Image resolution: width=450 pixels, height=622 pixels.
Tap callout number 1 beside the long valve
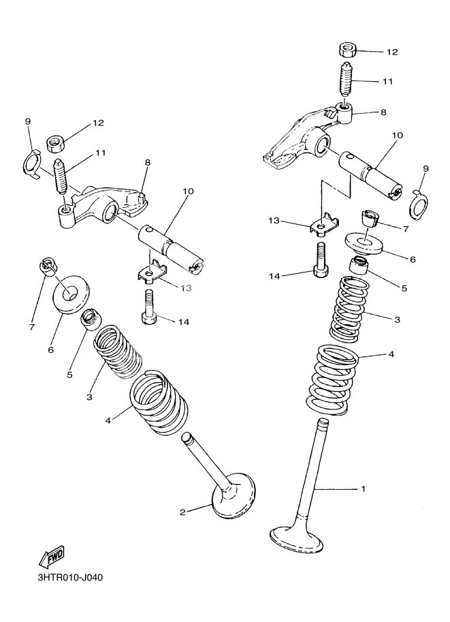363,488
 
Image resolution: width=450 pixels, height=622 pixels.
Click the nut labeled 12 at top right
348,50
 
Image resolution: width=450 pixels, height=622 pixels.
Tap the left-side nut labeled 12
54,144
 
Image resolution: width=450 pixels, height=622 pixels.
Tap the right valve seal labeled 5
360,264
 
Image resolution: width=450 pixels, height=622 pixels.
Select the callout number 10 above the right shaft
398,136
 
